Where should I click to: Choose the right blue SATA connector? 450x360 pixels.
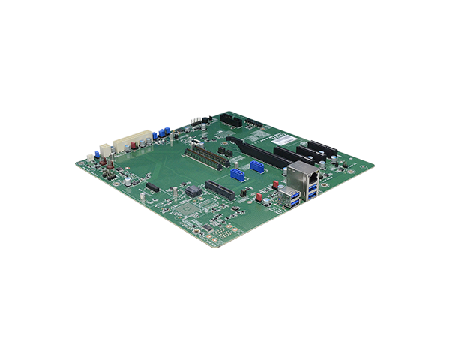257,166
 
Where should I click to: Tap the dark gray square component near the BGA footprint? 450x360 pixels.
194,192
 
